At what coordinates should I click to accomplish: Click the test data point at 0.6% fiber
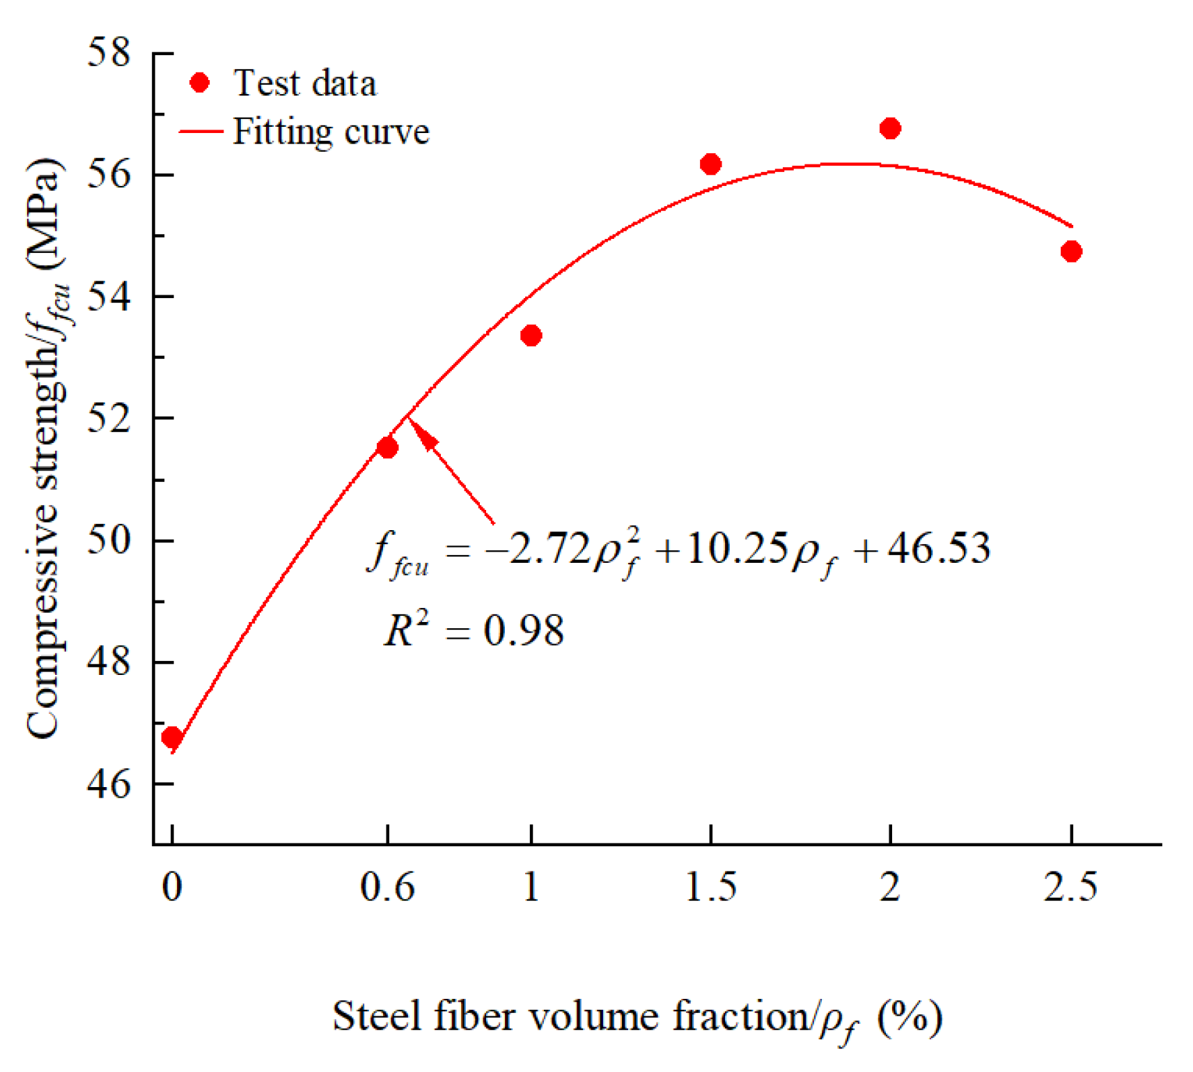[387, 448]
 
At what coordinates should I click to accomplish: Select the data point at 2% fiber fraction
[890, 128]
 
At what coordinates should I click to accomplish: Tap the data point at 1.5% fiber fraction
[710, 164]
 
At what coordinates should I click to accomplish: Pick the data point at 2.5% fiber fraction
[1071, 251]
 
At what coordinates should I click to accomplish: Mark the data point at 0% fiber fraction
[172, 737]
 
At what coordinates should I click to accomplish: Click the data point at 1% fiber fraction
[531, 336]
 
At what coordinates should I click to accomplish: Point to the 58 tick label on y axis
[109, 53]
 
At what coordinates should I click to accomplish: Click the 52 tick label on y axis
[109, 418]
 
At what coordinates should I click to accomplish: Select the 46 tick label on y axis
[109, 784]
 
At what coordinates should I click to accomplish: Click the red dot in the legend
[200, 83]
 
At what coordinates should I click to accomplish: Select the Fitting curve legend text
[331, 132]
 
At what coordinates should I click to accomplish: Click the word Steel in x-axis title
[377, 1016]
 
